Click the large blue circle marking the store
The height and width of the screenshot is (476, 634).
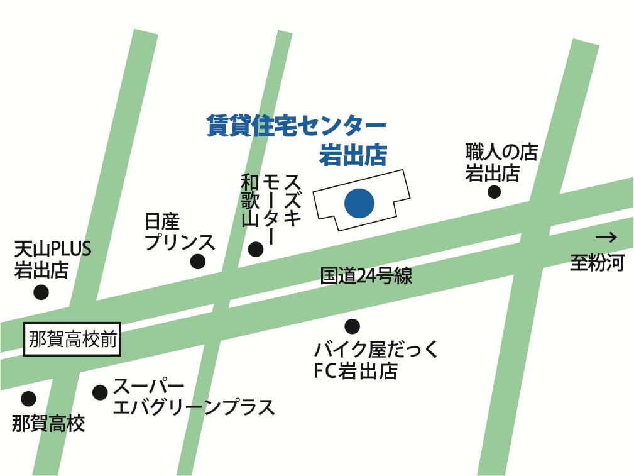coord(359,202)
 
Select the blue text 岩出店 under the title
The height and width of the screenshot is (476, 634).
coord(353,155)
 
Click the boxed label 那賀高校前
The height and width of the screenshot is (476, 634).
coord(72,340)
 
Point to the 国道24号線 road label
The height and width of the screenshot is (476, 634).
coord(366,275)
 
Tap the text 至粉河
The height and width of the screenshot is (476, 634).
coord(597,262)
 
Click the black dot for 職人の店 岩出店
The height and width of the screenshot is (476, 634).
coord(495,192)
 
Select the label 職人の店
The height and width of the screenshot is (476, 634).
coord(501,152)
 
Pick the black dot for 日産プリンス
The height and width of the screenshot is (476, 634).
coord(198,262)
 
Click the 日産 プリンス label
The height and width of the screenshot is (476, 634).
coord(180,233)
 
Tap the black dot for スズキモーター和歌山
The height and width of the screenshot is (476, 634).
coord(256,249)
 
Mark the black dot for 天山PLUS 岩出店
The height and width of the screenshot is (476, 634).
coord(41,292)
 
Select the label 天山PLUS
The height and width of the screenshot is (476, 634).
coord(53,250)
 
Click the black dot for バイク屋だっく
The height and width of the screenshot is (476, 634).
coord(353,326)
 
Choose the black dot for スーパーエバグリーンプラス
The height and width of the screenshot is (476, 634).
coord(100,392)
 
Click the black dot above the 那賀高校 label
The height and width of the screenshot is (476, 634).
coord(28,399)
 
